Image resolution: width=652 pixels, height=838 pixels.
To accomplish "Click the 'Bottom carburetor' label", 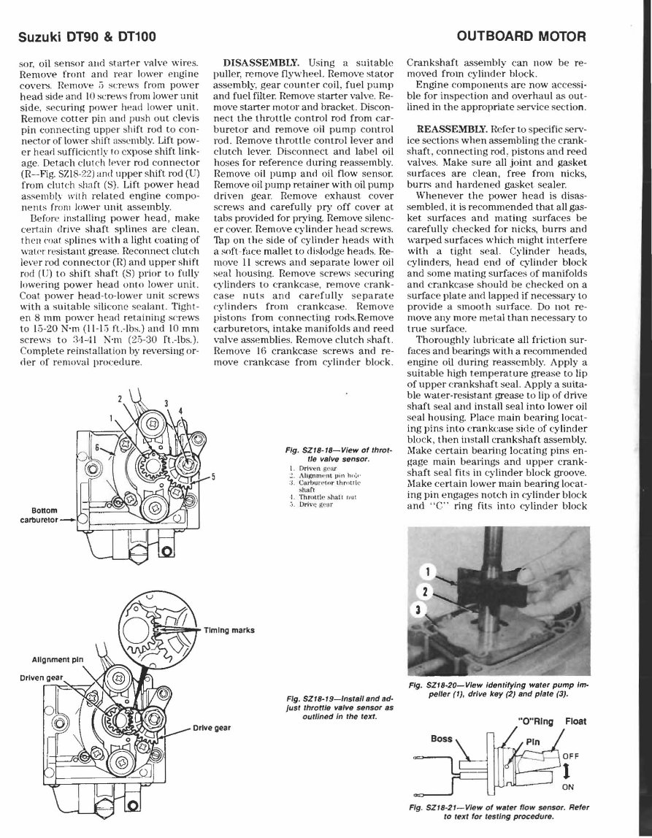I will [40, 515].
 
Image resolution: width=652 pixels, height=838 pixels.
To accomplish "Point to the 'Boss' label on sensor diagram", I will [442, 738].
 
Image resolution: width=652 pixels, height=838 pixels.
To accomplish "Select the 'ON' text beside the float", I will [568, 788].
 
